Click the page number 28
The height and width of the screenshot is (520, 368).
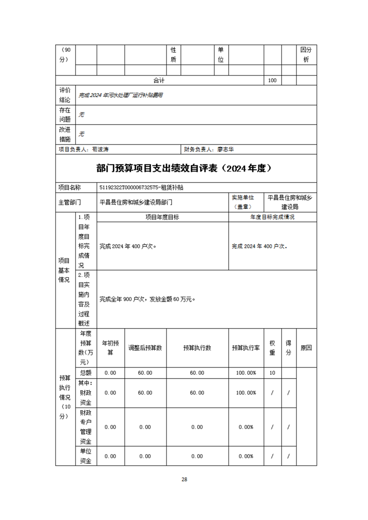[x=184, y=479]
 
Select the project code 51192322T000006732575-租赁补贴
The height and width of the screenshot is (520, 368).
[x=142, y=188]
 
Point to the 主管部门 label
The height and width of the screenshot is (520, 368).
[x=70, y=202]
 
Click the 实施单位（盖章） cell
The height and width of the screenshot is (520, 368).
[x=246, y=202]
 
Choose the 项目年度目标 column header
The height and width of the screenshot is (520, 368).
[x=162, y=217]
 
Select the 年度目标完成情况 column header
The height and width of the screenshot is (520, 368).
[x=272, y=217]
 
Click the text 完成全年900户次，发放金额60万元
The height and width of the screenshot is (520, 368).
[x=147, y=299]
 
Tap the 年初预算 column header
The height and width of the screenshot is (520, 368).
[x=110, y=348]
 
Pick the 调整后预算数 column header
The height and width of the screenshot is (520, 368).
[x=145, y=348]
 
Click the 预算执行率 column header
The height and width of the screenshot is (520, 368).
[x=246, y=348]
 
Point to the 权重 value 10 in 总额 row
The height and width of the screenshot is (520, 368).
[x=272, y=373]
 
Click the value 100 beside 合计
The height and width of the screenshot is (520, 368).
[x=272, y=80]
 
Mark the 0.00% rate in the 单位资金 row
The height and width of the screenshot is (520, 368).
[x=246, y=456]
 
